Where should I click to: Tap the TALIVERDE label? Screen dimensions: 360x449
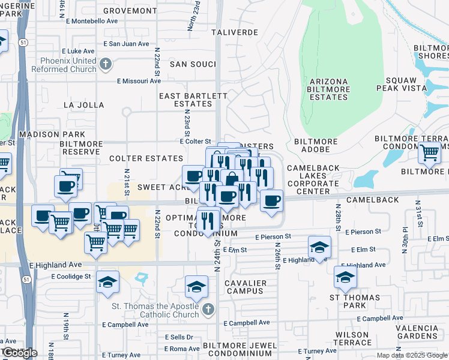(x=235, y=32)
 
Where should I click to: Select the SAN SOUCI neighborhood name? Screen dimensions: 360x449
(x=193, y=64)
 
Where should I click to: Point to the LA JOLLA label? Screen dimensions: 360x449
(x=83, y=105)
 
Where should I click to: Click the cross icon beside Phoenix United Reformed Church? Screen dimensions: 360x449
(x=106, y=63)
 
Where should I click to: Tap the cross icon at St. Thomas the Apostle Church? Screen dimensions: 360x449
(x=208, y=310)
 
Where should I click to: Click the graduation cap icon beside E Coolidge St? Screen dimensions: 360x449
(x=107, y=283)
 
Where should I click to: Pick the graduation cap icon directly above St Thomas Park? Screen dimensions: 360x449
(x=345, y=278)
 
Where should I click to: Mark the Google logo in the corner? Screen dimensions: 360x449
(x=19, y=353)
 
